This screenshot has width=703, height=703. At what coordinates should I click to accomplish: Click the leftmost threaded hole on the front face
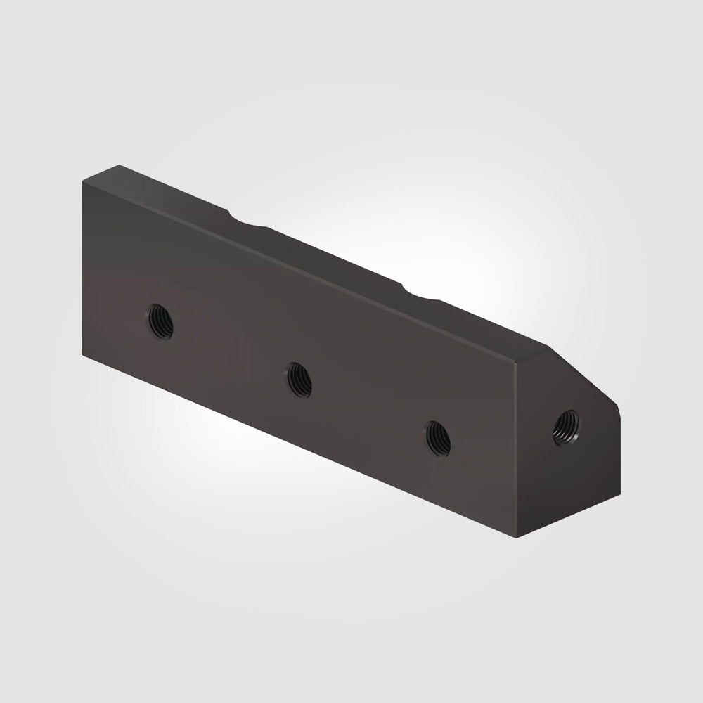pyautogui.click(x=161, y=321)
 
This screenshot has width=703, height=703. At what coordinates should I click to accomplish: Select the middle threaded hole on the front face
pyautogui.click(x=299, y=379)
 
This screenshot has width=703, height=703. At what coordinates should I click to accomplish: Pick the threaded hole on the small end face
pyautogui.click(x=565, y=428)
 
